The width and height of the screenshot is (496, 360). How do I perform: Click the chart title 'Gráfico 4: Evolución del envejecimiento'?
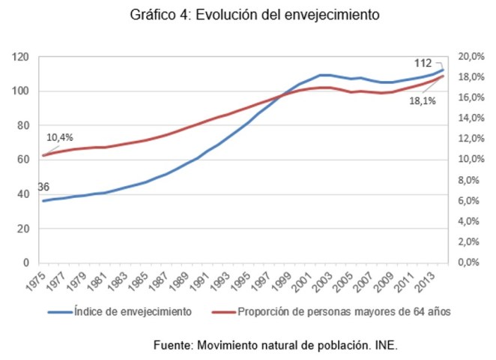coord(248,14)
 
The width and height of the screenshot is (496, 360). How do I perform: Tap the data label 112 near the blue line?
coord(423,64)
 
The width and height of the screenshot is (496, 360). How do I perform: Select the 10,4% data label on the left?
coord(60,138)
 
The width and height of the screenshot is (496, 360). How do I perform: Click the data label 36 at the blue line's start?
coord(43,187)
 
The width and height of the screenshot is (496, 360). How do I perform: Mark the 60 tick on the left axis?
coord(22,160)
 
